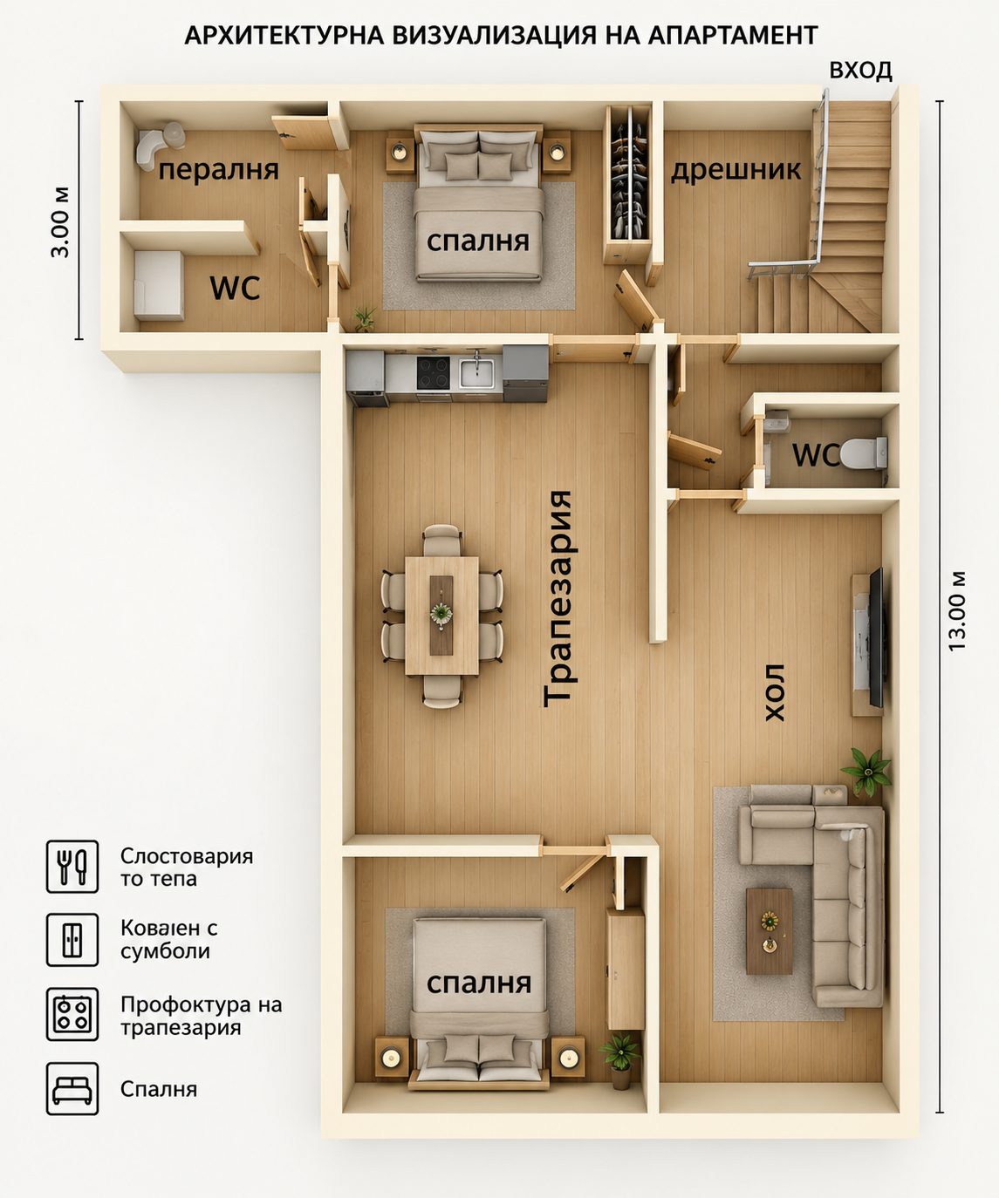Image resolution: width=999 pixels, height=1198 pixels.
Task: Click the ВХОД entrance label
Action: [860, 71]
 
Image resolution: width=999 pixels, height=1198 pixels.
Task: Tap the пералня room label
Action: [218, 170]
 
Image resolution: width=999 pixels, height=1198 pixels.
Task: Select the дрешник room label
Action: [736, 170]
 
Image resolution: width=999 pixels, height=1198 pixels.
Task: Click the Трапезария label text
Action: [558, 598]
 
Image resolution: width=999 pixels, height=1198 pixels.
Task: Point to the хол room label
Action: [775, 692]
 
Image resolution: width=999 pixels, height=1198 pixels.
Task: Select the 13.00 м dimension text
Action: [957, 611]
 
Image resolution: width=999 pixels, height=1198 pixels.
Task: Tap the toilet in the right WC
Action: [864, 453]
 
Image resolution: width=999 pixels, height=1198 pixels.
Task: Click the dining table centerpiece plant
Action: [441, 613]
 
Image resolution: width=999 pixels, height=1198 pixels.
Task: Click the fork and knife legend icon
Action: [72, 867]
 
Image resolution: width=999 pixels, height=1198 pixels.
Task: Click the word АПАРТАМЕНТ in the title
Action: [733, 36]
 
